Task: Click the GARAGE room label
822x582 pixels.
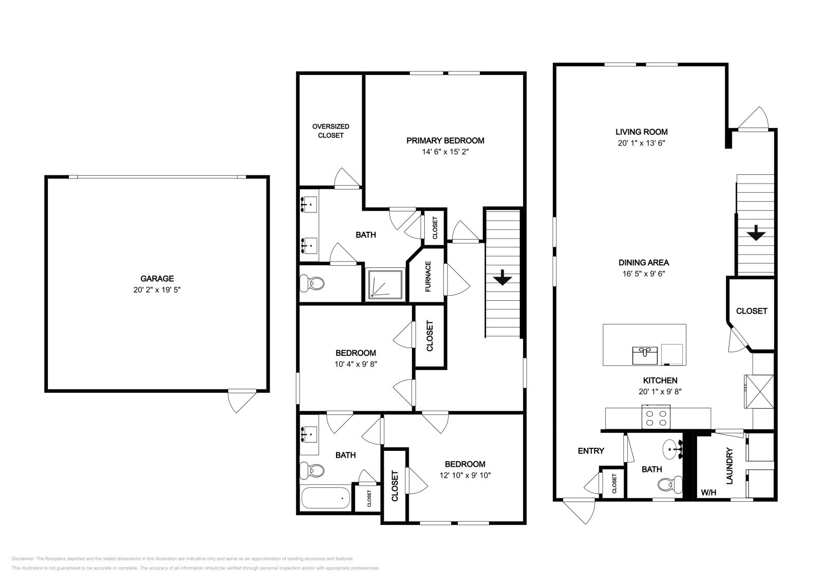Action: coord(157,279)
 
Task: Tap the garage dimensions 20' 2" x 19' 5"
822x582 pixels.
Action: coord(157,290)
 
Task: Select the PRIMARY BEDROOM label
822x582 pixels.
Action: coord(445,141)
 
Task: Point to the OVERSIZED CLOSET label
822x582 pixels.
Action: coord(331,131)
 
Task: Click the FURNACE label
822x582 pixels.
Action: coord(428,277)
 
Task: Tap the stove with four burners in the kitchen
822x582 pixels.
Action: coord(656,417)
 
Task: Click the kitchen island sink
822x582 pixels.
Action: coord(645,355)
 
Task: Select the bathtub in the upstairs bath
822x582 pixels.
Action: coord(326,498)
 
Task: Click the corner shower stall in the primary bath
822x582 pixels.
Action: coord(385,285)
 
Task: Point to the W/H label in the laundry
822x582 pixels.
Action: coord(708,493)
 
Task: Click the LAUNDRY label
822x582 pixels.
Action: coord(729,466)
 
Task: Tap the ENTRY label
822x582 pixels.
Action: coord(591,451)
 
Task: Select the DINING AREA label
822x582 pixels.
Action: coord(644,263)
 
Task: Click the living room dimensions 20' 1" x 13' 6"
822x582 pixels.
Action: coord(642,143)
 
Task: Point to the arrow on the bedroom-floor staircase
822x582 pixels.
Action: coord(502,278)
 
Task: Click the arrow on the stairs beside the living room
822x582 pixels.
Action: coord(756,233)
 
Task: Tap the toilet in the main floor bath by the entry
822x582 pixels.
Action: coord(670,484)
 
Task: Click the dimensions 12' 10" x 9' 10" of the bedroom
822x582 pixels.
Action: coord(465,475)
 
